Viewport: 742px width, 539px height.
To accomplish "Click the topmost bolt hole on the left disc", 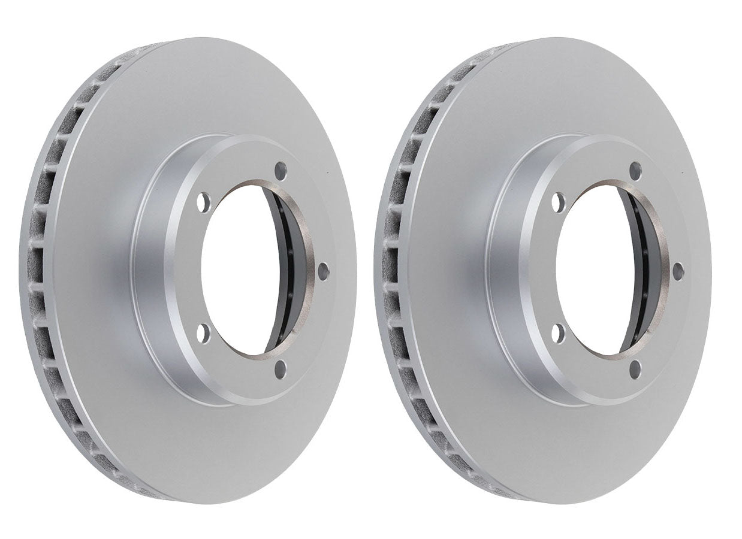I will pyautogui.click(x=280, y=171).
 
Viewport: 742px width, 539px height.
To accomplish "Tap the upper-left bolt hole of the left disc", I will pyautogui.click(x=204, y=202).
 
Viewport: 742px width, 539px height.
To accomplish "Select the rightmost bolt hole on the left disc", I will pyautogui.click(x=323, y=271).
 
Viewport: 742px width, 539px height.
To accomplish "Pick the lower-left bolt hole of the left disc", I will pyautogui.click(x=204, y=334).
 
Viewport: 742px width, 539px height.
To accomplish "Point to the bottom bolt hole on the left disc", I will pyautogui.click(x=280, y=369).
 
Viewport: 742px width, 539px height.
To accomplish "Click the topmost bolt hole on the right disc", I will pyautogui.click(x=635, y=171).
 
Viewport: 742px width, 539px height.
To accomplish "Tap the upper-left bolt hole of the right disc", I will pyautogui.click(x=559, y=202).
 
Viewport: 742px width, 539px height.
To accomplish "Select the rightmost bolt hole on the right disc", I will pyautogui.click(x=678, y=271).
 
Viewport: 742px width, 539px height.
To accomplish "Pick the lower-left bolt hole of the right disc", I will pyautogui.click(x=559, y=334).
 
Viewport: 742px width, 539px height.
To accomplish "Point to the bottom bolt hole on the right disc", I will pyautogui.click(x=635, y=369).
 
